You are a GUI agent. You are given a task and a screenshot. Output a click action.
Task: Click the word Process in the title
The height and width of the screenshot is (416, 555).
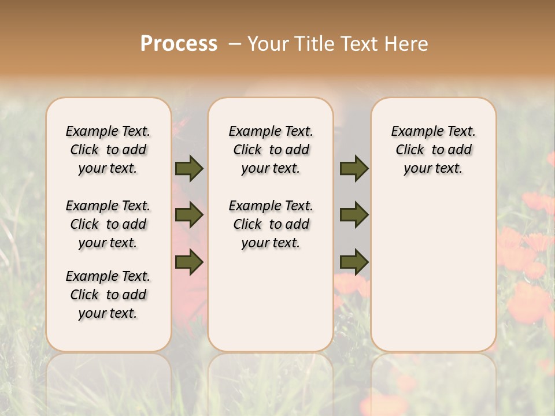[179, 44]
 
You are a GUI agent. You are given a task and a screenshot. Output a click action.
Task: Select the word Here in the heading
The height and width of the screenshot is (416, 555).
[408, 44]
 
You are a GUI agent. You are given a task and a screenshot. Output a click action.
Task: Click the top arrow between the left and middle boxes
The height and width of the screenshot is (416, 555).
[189, 168]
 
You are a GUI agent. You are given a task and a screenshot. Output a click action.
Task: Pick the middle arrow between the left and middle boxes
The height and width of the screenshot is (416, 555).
[189, 215]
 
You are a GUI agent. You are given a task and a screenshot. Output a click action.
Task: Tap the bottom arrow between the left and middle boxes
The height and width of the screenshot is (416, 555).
[189, 262]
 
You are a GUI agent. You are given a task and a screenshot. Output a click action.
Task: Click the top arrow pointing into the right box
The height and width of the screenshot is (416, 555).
[354, 168]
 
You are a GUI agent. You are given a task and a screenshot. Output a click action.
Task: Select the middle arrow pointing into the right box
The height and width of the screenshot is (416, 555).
[354, 215]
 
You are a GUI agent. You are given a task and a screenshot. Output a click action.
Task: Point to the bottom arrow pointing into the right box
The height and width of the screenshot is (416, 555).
[354, 262]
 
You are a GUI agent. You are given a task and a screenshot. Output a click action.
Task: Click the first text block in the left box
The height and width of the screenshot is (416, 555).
[108, 150]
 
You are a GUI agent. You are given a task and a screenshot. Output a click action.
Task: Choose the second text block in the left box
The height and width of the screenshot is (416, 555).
[108, 224]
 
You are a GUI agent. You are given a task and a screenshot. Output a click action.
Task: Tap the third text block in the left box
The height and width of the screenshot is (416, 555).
[108, 295]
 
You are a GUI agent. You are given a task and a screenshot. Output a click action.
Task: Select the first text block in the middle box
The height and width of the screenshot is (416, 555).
[271, 150]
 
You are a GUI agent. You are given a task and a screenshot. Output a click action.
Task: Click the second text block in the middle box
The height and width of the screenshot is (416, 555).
[271, 224]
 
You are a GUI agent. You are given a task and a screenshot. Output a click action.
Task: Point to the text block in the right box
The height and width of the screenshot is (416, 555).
[433, 150]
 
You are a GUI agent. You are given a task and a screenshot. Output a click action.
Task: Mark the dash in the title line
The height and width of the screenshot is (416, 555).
[235, 44]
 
